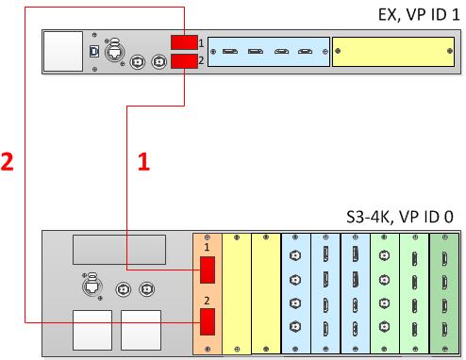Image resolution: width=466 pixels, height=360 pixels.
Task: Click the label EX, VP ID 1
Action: point(419,14)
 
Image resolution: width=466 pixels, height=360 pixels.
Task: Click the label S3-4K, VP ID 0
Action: point(400,217)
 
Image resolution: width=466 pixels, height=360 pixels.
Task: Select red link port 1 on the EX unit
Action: point(184,42)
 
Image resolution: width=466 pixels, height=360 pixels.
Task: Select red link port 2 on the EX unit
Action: point(184,61)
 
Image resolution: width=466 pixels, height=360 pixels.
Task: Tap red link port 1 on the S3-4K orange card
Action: point(208,270)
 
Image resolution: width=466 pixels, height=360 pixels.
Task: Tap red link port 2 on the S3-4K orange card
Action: point(208,321)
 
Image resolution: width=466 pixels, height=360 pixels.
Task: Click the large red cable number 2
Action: point(7,161)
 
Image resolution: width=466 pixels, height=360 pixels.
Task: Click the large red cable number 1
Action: point(143,161)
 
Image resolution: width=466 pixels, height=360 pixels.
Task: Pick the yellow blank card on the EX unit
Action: point(393,52)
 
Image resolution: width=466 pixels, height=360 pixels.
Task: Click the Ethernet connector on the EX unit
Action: point(114,51)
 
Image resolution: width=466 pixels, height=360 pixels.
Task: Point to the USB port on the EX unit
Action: point(94,51)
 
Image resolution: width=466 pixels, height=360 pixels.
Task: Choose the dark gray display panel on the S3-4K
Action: point(120,250)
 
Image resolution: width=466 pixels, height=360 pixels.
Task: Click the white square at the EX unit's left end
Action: point(63,51)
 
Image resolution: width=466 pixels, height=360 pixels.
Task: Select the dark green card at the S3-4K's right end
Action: point(444,294)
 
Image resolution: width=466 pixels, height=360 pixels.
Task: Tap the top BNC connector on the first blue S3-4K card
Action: point(295,255)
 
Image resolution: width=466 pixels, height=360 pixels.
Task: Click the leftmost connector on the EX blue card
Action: point(230,51)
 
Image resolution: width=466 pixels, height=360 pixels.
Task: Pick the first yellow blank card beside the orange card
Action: point(237,294)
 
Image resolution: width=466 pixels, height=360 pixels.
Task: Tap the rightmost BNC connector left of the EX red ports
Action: point(159,61)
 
